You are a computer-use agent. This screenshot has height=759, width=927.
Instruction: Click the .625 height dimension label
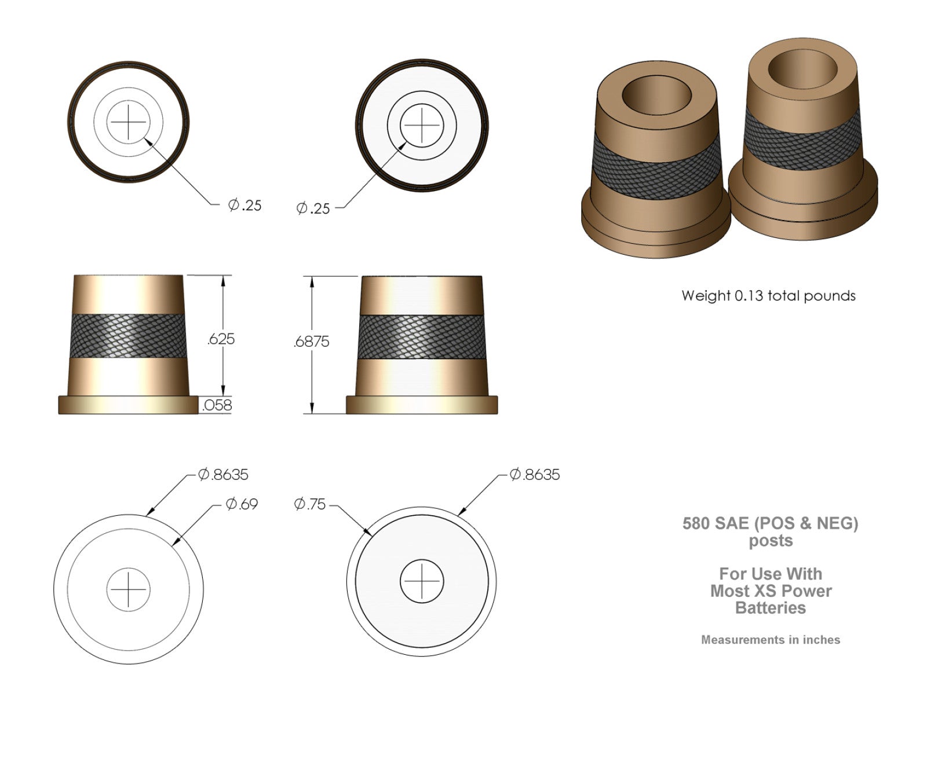point(221,339)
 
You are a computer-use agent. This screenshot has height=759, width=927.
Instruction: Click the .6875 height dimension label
point(311,342)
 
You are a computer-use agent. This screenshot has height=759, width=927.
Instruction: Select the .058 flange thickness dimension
point(217,405)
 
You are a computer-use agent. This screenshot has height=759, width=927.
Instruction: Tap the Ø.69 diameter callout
point(242,504)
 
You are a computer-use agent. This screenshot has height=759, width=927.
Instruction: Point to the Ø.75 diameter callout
point(310,504)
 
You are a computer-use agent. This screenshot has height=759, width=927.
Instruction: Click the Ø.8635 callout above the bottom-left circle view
point(223,475)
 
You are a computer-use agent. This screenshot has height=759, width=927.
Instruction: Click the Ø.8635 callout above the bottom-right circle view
point(535,475)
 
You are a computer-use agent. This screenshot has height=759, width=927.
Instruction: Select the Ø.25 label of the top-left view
point(244,205)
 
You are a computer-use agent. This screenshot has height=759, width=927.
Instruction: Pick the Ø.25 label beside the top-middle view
point(313,208)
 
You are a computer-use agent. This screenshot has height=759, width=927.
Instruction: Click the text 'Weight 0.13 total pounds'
point(768,296)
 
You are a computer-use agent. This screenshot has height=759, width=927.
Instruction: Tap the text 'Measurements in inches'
point(770,640)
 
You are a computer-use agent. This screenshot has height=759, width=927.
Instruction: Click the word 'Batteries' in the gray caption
point(770,608)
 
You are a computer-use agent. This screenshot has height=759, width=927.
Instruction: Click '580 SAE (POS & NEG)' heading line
point(770,523)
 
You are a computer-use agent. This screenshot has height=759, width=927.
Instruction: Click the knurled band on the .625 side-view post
point(128,336)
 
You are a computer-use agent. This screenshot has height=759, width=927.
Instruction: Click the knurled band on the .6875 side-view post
point(422,338)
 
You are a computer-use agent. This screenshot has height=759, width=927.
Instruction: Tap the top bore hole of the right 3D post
point(802,68)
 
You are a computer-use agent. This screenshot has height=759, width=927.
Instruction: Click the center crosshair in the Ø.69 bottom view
point(128,590)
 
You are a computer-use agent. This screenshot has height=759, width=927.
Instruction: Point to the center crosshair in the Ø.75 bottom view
point(422,581)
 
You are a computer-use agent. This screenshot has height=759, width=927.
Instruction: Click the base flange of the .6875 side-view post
point(422,405)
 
